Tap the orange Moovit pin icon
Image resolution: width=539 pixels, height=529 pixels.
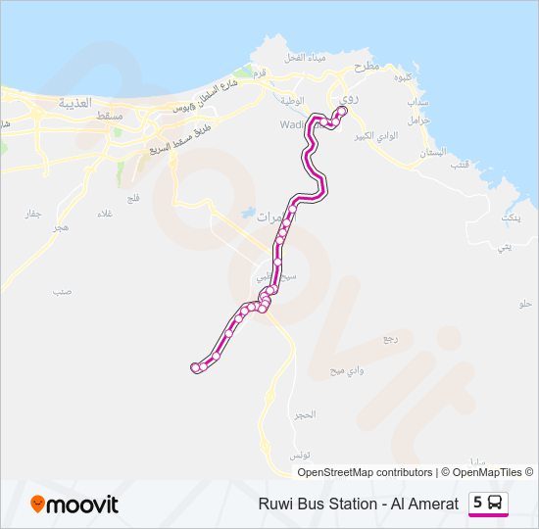(38, 505)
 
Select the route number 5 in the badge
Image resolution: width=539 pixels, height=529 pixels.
(477, 503)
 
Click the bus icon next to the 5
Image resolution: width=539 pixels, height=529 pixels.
(496, 503)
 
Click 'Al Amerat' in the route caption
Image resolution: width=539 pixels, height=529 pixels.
(425, 504)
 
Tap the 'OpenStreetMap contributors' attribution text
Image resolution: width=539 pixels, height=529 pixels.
(364, 472)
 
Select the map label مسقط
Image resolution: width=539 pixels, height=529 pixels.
(110, 116)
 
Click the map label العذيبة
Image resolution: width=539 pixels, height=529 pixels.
(74, 102)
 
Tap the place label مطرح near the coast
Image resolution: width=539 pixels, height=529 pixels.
(366, 67)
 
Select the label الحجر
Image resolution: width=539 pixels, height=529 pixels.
(305, 415)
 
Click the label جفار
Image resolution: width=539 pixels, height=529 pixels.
(33, 214)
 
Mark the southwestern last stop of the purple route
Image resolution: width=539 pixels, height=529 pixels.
(195, 367)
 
